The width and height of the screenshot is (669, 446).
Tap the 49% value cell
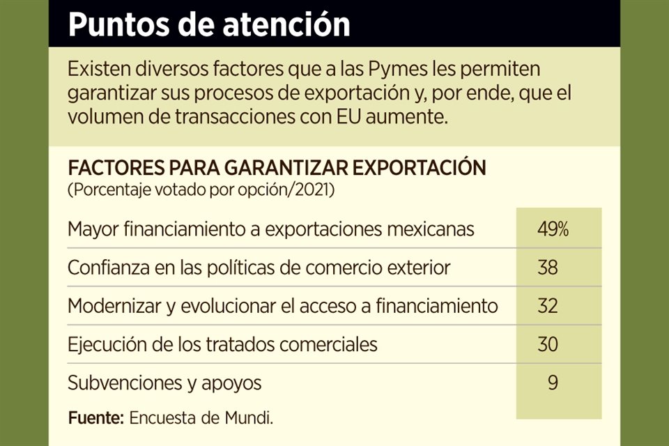click(553, 229)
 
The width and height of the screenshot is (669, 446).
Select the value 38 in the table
click(548, 267)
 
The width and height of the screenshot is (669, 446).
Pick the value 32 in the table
click(548, 305)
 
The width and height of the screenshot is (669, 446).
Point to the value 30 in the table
click(548, 344)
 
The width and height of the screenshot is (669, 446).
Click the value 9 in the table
click(553, 382)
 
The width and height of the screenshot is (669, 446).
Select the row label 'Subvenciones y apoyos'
click(164, 383)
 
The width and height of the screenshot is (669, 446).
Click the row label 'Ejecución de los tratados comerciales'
click(222, 344)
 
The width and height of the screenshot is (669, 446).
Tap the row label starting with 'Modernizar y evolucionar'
click(283, 306)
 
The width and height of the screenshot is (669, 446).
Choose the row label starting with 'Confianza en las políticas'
click(259, 268)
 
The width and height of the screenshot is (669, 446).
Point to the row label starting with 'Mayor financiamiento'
click(271, 229)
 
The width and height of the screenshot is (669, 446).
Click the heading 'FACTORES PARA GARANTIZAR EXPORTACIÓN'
click(276, 169)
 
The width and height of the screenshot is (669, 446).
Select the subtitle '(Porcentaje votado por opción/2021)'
click(201, 190)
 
